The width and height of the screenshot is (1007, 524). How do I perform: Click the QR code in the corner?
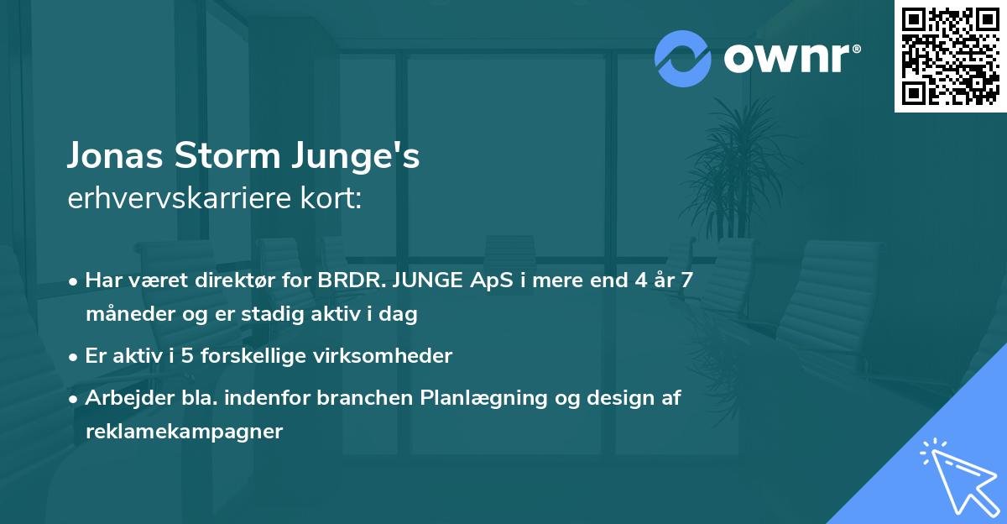click(950, 55)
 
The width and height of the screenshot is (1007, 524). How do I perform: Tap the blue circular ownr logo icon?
click(683, 58)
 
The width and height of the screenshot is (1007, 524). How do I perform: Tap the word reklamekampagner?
click(185, 432)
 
